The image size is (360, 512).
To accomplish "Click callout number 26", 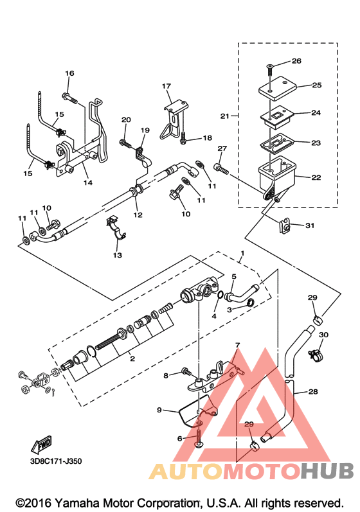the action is click(296, 61).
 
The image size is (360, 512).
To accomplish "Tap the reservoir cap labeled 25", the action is click(277, 88).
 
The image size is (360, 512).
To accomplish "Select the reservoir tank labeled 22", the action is click(276, 177).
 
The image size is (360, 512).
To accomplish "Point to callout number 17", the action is click(166, 86).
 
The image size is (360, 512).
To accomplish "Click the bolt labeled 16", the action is click(69, 98).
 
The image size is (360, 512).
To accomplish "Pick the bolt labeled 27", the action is click(221, 169).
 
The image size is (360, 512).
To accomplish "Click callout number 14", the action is click(88, 182).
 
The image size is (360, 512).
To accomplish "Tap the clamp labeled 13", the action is click(116, 227).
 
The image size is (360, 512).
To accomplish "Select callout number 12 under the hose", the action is click(138, 215).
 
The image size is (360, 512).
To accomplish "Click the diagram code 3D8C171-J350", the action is click(56, 461).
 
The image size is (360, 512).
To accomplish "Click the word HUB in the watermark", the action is click(327, 471).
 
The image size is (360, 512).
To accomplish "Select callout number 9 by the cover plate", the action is click(159, 409).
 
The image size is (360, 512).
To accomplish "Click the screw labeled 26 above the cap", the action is click(269, 69).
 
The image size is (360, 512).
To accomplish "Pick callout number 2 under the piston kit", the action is click(132, 358).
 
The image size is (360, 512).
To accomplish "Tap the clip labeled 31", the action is click(285, 226).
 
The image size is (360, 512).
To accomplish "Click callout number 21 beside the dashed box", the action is click(225, 116).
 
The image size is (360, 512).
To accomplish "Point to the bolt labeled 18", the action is click(184, 137).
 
